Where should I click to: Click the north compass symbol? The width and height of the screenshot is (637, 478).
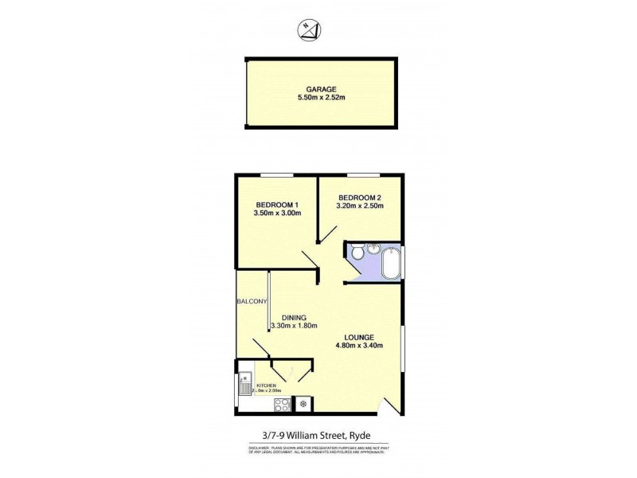309,29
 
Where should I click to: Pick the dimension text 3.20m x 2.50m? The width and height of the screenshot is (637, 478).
360,206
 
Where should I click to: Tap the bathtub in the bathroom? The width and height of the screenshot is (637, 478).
390,262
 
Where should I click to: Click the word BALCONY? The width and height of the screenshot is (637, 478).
251,302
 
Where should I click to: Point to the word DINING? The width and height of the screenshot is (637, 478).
293,317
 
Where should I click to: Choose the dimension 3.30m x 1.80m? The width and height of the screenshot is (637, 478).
294,326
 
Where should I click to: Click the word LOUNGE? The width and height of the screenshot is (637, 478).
359,337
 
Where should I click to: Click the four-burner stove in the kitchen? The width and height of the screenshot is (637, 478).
282,404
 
